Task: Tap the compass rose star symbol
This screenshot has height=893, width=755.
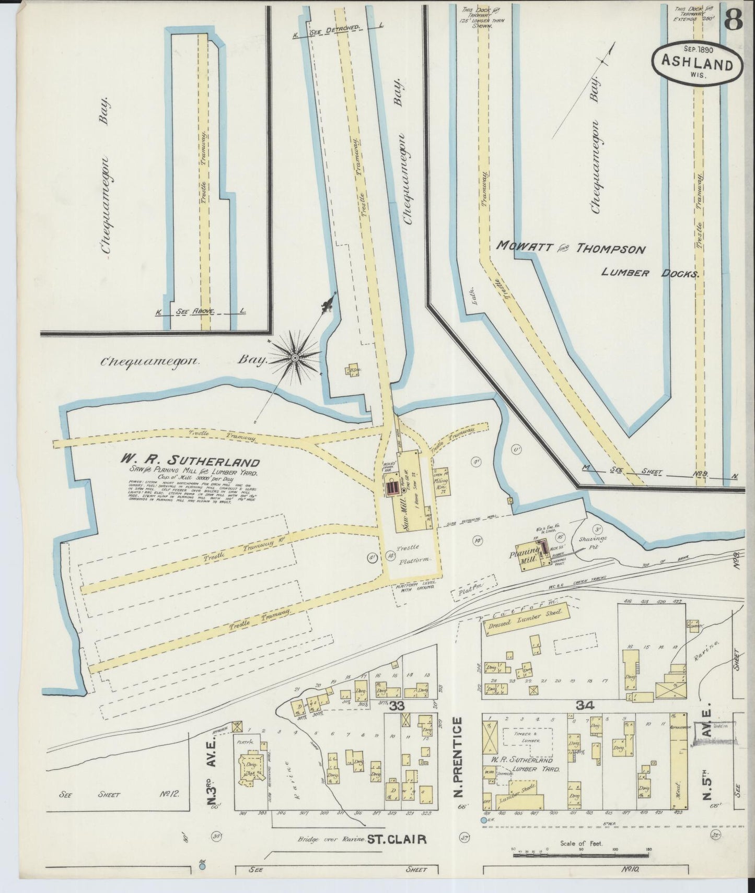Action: coord(294,358)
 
